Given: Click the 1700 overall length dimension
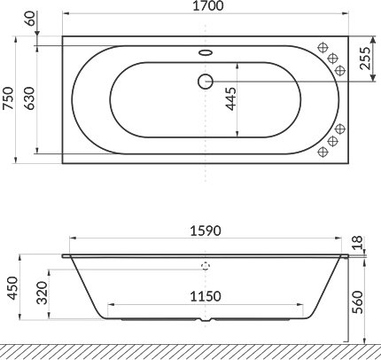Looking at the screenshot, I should (206, 8).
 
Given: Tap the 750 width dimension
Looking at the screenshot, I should (9, 99).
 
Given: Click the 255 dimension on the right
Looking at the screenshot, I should (364, 59).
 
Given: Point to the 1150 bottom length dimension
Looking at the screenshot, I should (206, 299).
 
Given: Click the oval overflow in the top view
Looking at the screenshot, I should (206, 51).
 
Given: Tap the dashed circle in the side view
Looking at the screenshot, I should (206, 265).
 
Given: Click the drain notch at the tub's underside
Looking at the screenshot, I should (206, 321).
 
